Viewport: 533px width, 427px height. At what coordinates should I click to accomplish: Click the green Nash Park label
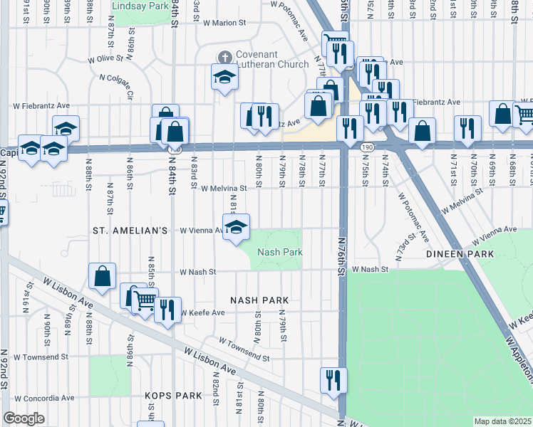tap(280, 252)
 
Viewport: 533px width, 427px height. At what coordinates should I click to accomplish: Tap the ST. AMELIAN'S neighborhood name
tap(130, 231)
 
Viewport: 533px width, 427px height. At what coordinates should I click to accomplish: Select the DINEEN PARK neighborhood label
tap(460, 253)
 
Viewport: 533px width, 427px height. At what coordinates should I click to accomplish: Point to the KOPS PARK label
tap(164, 395)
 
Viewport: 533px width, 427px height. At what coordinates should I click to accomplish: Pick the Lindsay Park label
tap(140, 5)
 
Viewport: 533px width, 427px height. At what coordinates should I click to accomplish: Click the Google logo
tap(24, 418)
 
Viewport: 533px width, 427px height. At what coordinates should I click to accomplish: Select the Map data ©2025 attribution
tap(503, 421)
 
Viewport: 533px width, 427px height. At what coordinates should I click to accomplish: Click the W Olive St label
tap(106, 59)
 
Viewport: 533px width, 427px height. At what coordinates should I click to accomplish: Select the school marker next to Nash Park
tap(235, 228)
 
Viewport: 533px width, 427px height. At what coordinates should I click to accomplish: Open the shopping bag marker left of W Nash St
tap(103, 278)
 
